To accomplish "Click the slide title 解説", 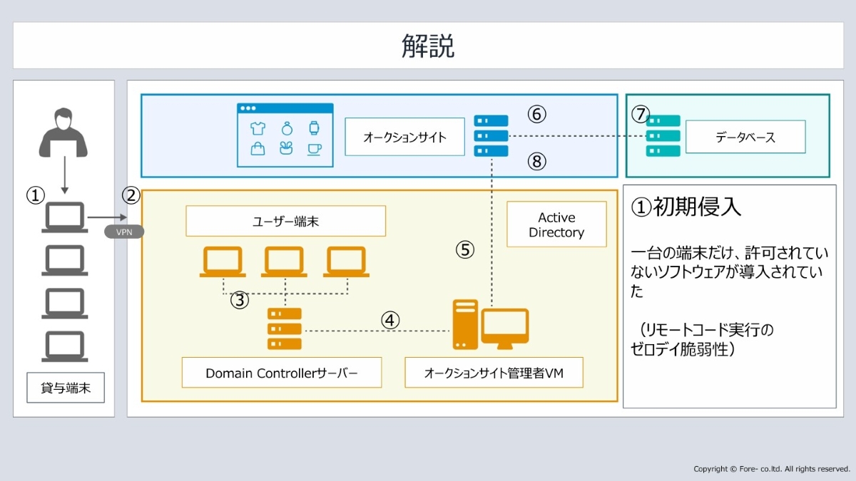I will (428, 46).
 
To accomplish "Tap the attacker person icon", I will (64, 133).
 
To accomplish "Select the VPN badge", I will (124, 232).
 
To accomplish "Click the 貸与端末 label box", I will (66, 389).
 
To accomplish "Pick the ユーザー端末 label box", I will (285, 222).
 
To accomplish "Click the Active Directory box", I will (556, 224).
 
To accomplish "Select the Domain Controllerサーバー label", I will (282, 373).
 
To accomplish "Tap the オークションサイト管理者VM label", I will (494, 373).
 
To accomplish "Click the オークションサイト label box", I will (404, 137).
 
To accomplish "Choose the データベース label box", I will (745, 137).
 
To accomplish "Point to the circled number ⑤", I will (465, 249).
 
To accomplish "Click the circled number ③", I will (240, 300).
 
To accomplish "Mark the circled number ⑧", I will (537, 162).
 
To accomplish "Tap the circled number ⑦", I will (641, 114).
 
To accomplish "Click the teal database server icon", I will (663, 136).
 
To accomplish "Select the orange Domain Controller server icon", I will (285, 329).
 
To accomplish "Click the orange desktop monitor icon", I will (504, 328).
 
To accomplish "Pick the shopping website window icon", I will (285, 135).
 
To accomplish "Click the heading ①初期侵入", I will (686, 207).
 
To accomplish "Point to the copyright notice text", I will (772, 469).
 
